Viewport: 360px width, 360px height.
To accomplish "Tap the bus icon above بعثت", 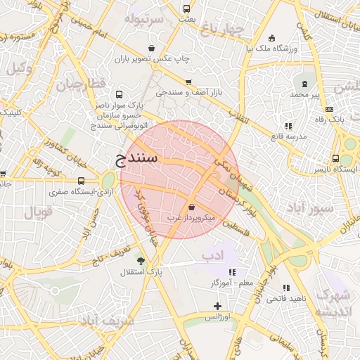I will pos(186,9).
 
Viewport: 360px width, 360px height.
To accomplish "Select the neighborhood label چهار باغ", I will pos(221,29).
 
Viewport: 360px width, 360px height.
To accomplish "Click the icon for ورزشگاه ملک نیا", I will pos(272,38).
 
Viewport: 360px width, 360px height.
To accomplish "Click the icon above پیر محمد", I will pos(305,84).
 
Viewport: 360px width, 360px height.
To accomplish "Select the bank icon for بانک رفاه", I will pos(329,109).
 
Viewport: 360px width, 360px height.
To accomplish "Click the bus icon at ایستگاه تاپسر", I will pos(337,159).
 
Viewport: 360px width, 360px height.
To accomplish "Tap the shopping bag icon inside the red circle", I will pos(192,207).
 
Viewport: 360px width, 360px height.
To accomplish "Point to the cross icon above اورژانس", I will pos(217,306).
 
